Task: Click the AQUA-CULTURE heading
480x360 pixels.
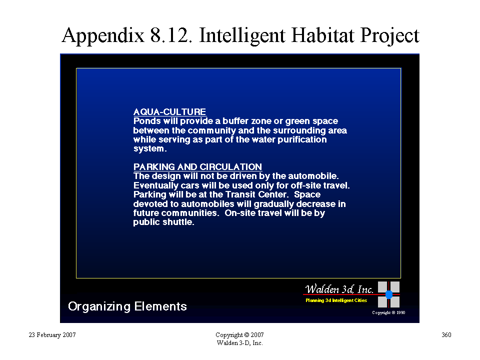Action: click(x=169, y=111)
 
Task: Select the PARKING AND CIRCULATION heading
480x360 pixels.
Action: click(x=198, y=167)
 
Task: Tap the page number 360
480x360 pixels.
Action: click(x=446, y=334)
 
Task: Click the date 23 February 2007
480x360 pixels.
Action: click(x=52, y=334)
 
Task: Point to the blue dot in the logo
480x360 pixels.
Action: click(x=389, y=294)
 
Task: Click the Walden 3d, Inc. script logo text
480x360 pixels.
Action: click(x=339, y=288)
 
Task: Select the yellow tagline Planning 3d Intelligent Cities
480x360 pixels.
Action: click(x=336, y=300)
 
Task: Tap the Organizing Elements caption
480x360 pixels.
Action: click(x=127, y=306)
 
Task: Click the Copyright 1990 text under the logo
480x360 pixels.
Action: click(x=388, y=312)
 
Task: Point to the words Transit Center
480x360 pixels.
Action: click(x=256, y=194)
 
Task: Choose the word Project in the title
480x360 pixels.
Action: click(x=389, y=36)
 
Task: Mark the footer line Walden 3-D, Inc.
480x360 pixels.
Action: click(x=239, y=343)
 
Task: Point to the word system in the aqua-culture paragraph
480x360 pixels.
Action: click(x=149, y=149)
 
